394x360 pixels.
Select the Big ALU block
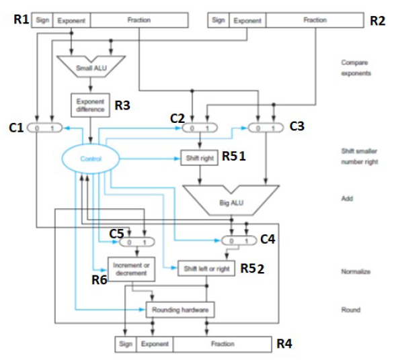click(x=231, y=199)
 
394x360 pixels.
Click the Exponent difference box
click(x=89, y=105)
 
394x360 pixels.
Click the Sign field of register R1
click(x=42, y=21)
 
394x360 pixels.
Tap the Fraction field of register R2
click(x=315, y=21)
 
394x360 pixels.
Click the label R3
click(x=122, y=105)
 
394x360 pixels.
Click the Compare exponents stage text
click(x=355, y=67)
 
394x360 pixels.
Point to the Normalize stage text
click(x=354, y=271)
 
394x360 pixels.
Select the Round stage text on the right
click(x=350, y=310)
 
